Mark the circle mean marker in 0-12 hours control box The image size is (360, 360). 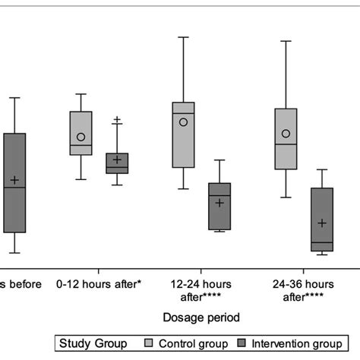point(81,137)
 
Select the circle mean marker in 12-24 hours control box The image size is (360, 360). point(183,122)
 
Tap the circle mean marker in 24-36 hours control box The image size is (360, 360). point(286,134)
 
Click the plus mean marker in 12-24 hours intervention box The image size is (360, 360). point(219,203)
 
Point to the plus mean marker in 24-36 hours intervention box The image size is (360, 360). point(322,223)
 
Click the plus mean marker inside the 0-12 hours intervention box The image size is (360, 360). point(117,159)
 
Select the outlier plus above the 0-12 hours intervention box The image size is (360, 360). point(117,119)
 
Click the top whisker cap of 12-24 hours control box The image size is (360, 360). point(183,36)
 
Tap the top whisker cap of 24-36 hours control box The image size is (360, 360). point(286,41)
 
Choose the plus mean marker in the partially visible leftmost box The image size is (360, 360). point(14,180)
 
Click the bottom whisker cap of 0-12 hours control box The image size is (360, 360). point(81,179)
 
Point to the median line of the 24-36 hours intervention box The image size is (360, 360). point(322,242)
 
